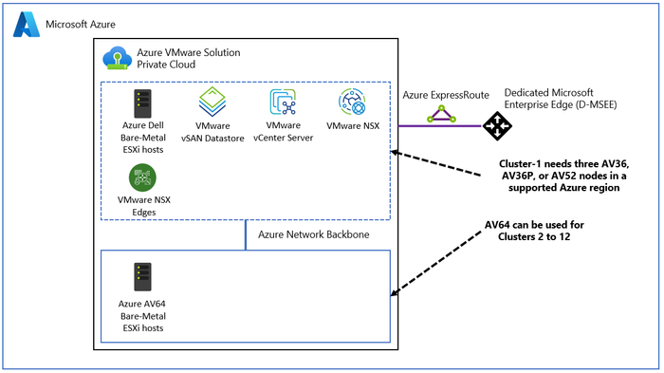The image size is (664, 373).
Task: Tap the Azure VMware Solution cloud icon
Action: pyautogui.click(x=118, y=60)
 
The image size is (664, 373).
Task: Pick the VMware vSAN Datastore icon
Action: pyautogui.click(x=212, y=102)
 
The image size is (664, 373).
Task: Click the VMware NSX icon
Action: pyautogui.click(x=351, y=102)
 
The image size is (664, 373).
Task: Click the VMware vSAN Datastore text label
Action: pyautogui.click(x=212, y=131)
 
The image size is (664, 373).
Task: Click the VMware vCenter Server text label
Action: pyautogui.click(x=283, y=131)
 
